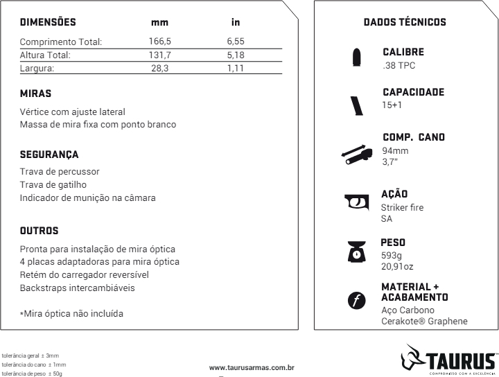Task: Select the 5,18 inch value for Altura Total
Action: [x=236, y=55]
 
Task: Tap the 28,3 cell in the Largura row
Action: [x=159, y=68]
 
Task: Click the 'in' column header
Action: [x=236, y=23]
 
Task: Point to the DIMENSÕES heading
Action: [x=48, y=23]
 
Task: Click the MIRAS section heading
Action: [x=36, y=93]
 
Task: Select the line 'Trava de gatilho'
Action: [x=53, y=184]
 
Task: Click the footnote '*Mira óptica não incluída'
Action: [x=71, y=313]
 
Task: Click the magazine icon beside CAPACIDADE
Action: [x=358, y=104]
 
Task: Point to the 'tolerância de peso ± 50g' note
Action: [x=34, y=373]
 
